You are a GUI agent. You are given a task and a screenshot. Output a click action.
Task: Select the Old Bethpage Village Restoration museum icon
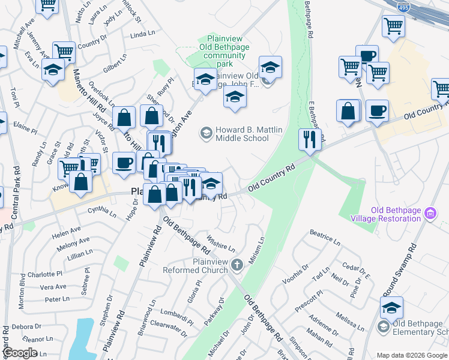(x=429, y=213)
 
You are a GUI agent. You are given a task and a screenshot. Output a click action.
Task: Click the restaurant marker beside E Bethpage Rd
(x=310, y=139)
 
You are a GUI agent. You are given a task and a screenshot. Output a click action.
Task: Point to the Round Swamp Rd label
(x=399, y=270)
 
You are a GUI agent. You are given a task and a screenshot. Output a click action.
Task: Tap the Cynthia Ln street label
(x=101, y=211)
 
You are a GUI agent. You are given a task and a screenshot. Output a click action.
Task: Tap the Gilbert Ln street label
(x=114, y=65)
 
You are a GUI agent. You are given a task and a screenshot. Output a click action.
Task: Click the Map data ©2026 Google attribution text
(x=412, y=355)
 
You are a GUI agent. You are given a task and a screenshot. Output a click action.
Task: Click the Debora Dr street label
(x=23, y=326)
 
